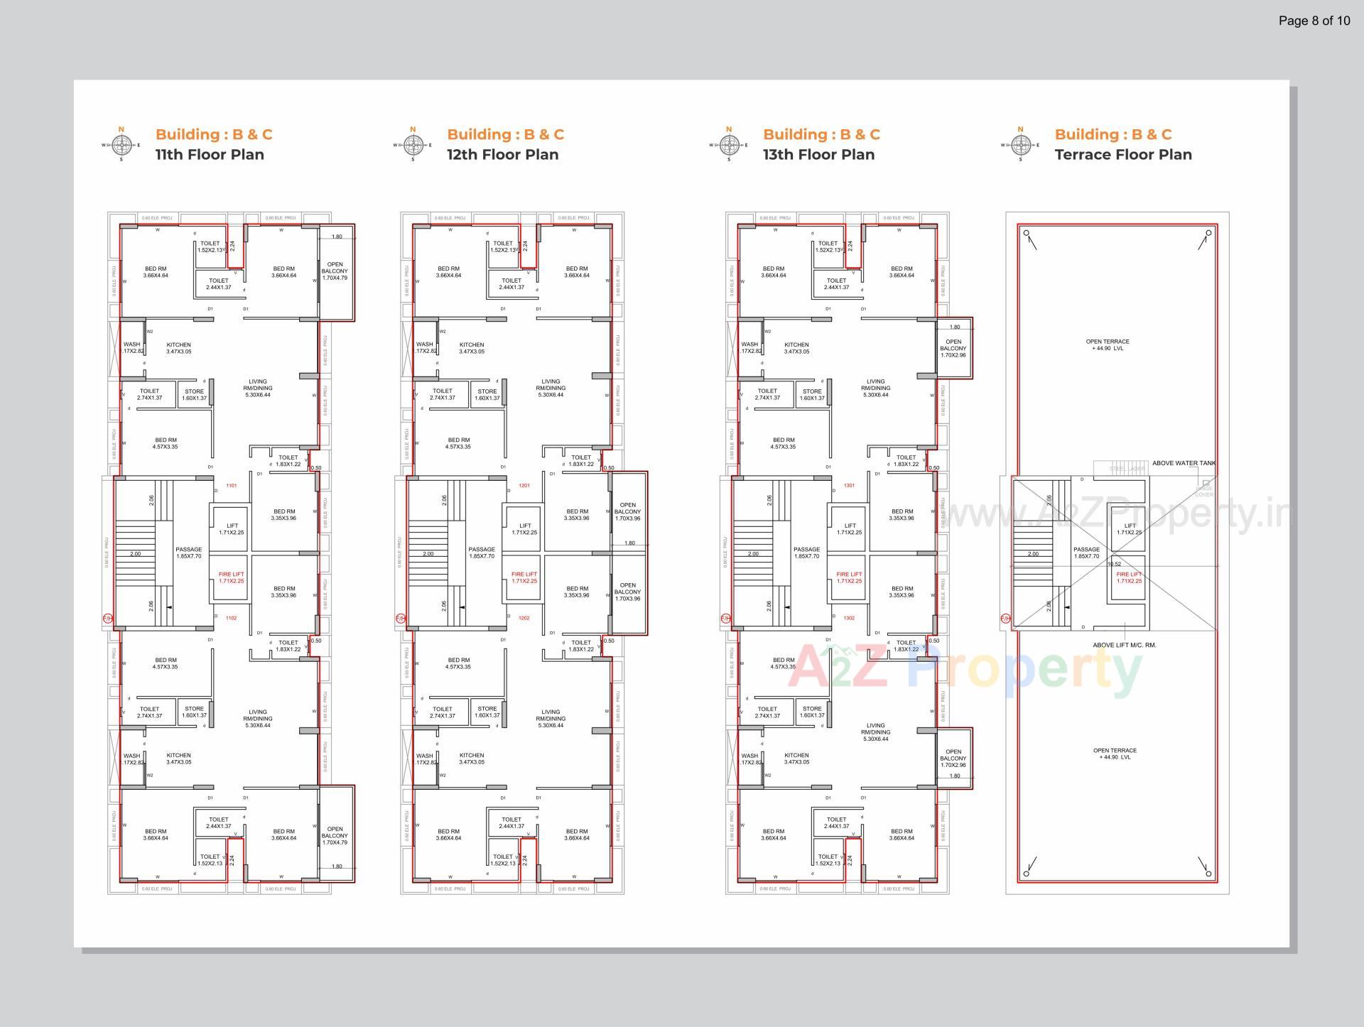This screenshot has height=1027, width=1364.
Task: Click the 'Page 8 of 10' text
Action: tap(1314, 21)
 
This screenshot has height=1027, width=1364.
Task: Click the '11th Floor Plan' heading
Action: tap(210, 155)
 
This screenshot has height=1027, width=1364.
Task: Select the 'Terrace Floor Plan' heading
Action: tap(1122, 155)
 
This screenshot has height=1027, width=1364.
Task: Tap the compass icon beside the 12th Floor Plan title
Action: tap(413, 145)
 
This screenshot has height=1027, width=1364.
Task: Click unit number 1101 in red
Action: tap(232, 486)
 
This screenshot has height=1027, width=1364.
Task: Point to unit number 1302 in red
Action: tap(849, 619)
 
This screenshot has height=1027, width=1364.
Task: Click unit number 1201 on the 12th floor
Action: tap(524, 486)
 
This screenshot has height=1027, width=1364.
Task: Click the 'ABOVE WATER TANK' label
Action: tap(1184, 463)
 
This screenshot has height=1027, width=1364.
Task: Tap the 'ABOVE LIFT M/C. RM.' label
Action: tap(1125, 645)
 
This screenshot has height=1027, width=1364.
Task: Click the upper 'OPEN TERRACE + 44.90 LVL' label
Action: tap(1108, 344)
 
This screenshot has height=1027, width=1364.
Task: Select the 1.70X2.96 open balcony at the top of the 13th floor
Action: tap(953, 348)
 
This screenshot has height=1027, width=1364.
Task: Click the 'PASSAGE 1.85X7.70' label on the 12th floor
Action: tap(482, 553)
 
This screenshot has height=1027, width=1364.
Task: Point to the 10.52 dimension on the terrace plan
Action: tap(1114, 565)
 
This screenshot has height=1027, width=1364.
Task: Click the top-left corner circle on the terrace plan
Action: tap(1026, 233)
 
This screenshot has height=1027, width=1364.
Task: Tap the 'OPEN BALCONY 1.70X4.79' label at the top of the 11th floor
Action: tap(335, 271)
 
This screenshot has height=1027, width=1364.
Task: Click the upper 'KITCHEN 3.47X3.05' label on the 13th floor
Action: tap(796, 348)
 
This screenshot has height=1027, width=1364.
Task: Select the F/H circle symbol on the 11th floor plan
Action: tap(107, 619)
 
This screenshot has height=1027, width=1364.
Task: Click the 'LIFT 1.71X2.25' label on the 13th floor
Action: tap(850, 529)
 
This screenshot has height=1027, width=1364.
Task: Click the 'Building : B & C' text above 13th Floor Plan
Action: tap(821, 134)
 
